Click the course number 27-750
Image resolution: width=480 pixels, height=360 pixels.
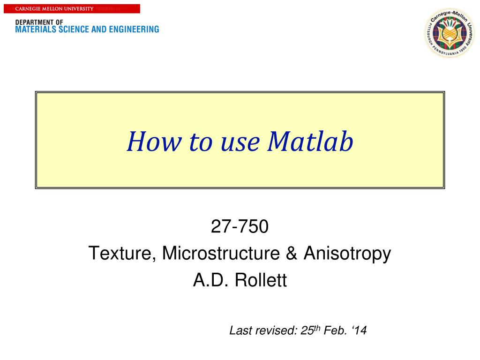(240, 226)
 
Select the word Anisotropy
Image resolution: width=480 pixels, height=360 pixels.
(347, 254)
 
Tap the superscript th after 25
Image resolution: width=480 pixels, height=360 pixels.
(317, 328)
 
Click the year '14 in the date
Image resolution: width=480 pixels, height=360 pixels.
(360, 331)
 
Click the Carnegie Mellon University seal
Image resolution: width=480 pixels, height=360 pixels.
(449, 34)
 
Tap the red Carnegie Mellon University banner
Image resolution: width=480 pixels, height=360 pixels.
(70, 8)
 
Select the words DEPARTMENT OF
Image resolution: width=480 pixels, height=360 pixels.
(39, 22)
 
